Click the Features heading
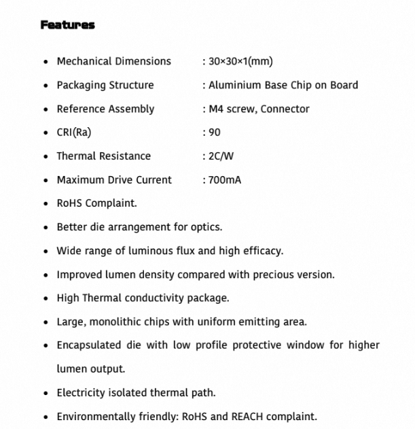[67, 25]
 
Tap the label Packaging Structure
[105, 85]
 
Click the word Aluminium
[234, 85]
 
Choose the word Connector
[285, 109]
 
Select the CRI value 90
[215, 133]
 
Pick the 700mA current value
[225, 180]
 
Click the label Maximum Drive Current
[114, 180]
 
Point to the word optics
[206, 227]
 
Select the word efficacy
[261, 251]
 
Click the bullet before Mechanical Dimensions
[46, 62]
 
